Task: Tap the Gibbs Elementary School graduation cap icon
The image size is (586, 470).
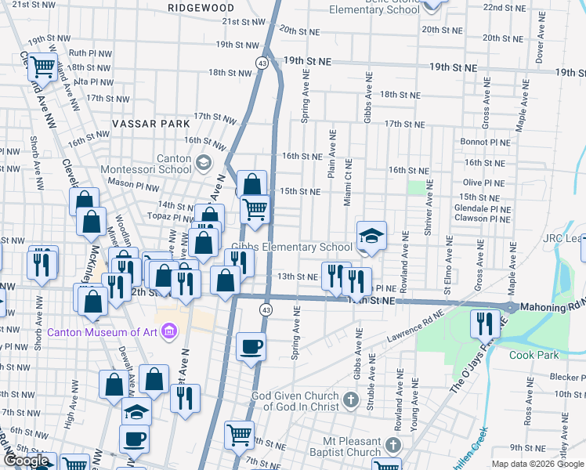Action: tap(371, 235)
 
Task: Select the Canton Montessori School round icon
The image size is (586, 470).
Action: tap(204, 163)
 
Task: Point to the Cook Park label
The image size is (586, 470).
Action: tap(533, 354)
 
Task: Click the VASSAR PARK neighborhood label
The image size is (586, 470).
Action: tap(151, 124)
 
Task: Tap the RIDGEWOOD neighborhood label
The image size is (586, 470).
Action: tap(201, 7)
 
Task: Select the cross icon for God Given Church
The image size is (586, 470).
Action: tap(350, 400)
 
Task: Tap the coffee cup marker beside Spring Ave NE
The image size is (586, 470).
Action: tap(251, 346)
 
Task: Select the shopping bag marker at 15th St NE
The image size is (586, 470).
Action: tap(252, 186)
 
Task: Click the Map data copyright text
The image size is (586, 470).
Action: tap(537, 464)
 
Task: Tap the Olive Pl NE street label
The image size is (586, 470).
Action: tap(483, 183)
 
